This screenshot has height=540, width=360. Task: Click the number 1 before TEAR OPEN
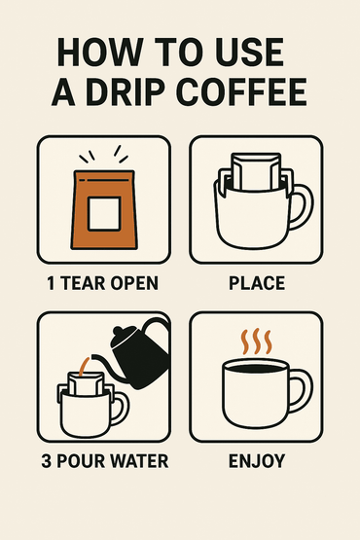pos(51,284)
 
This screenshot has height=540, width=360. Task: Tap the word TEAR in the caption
pos(83,284)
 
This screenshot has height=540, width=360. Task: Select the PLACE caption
pos(257,284)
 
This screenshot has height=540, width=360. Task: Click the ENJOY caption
pos(257,460)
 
